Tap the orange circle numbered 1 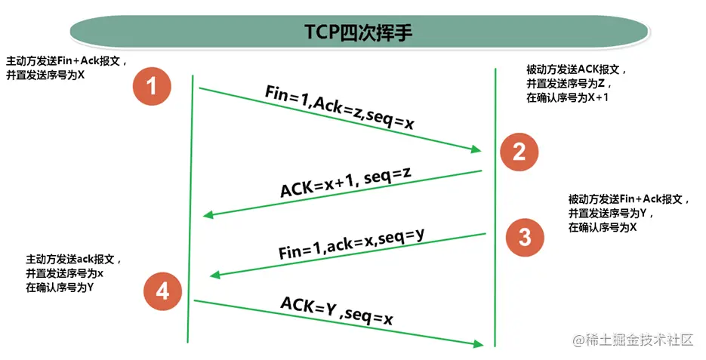(x=152, y=87)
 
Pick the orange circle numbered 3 (x=525, y=237)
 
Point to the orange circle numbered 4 (x=162, y=291)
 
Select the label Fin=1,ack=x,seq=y (x=351, y=244)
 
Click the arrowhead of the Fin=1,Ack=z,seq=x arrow (x=476, y=150)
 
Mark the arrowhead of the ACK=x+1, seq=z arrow (x=208, y=216)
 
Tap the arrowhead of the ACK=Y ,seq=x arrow (x=477, y=344)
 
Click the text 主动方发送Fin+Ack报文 (x=66, y=60)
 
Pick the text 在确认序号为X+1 (x=567, y=99)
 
